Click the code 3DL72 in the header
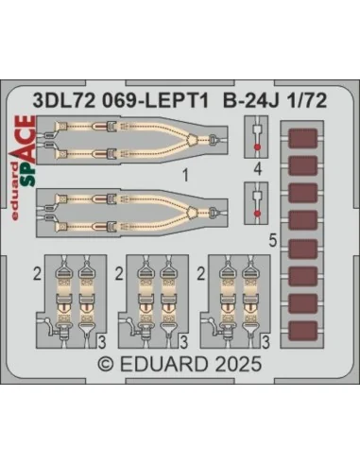[64, 101]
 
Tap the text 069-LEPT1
[156, 101]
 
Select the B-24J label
[250, 101]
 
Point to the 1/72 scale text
[306, 101]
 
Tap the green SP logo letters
[28, 173]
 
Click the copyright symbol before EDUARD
[106, 365]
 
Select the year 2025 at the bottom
[239, 364]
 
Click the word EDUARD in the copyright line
[163, 365]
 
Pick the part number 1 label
[186, 175]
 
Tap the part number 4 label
[258, 169]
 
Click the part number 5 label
[273, 242]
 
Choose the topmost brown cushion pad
[302, 138]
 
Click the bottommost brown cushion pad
[302, 332]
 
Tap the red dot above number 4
[257, 146]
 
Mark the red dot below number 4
[257, 214]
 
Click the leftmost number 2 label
[37, 275]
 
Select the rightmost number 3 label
[266, 342]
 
